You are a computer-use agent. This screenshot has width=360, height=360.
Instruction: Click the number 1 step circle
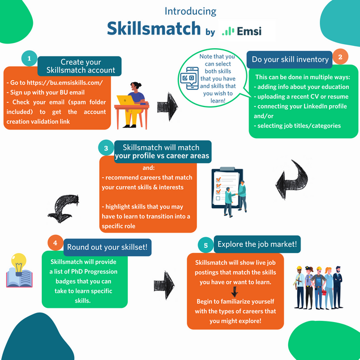(x=29, y=58)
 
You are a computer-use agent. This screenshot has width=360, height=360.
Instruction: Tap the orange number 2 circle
(x=340, y=57)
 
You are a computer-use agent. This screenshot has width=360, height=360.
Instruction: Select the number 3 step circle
(x=106, y=148)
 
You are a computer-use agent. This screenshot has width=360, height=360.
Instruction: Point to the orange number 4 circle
(x=55, y=243)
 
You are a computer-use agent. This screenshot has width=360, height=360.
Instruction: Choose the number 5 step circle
(x=205, y=245)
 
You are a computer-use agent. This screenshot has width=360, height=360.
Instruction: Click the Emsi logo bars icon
(x=228, y=31)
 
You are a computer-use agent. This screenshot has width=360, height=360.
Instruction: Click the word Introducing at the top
(x=190, y=11)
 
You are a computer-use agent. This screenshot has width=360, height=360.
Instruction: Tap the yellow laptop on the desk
(x=125, y=100)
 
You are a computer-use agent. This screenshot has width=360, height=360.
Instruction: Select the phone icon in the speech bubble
(x=190, y=78)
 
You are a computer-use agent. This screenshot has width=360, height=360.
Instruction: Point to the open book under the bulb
(x=19, y=278)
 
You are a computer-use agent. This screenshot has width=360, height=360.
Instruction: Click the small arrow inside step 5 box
(x=234, y=292)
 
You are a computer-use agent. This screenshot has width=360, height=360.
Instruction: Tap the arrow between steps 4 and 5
(x=164, y=285)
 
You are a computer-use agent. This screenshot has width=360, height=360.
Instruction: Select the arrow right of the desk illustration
(x=168, y=106)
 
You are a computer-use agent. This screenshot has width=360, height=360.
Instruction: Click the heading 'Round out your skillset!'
(x=107, y=247)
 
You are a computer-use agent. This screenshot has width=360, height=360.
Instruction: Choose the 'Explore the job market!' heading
(x=257, y=244)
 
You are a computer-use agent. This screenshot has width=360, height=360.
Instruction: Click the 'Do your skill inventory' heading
(x=290, y=59)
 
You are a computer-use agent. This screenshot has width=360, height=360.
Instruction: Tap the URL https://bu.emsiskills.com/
(x=65, y=83)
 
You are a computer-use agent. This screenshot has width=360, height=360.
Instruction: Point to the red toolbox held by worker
(x=324, y=293)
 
